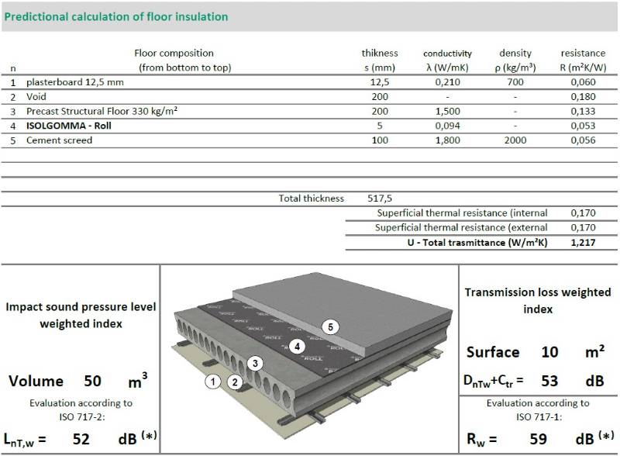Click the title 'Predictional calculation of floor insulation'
coord(116,16)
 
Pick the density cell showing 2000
coord(515,140)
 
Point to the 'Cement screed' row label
coord(59,140)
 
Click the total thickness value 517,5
coord(380,199)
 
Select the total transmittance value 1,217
coord(583,243)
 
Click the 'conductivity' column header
coord(447,54)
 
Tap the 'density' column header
coord(515,54)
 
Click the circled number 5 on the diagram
coord(331,327)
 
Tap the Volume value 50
coord(92,382)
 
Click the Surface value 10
coord(550,352)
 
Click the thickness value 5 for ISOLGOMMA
coord(380,126)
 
